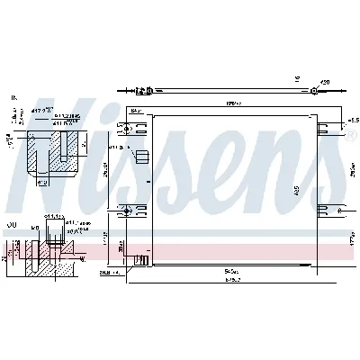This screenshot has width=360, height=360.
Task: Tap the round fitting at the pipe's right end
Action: pyautogui.click(x=311, y=91)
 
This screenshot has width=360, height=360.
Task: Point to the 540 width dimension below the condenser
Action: pyautogui.click(x=232, y=268)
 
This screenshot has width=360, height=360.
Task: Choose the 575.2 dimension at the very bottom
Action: pyautogui.click(x=232, y=278)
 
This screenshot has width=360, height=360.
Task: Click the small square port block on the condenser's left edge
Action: pyautogui.click(x=141, y=155)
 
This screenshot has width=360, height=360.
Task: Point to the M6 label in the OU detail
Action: pyautogui.click(x=33, y=229)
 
